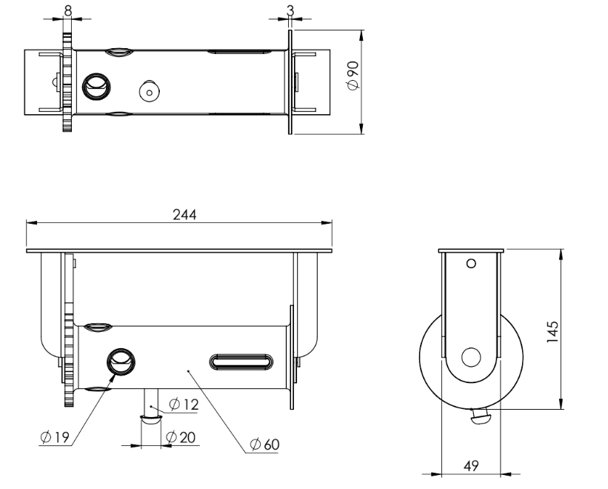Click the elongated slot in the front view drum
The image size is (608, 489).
[x=242, y=361]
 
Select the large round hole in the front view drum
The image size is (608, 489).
[x=121, y=361]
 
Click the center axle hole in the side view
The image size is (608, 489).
[x=471, y=357]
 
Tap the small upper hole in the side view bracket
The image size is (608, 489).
[x=471, y=263]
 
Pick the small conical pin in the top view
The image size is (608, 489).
[x=149, y=91]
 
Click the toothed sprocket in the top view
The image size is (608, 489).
[x=67, y=81]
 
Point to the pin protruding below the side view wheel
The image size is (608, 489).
[x=481, y=418]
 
